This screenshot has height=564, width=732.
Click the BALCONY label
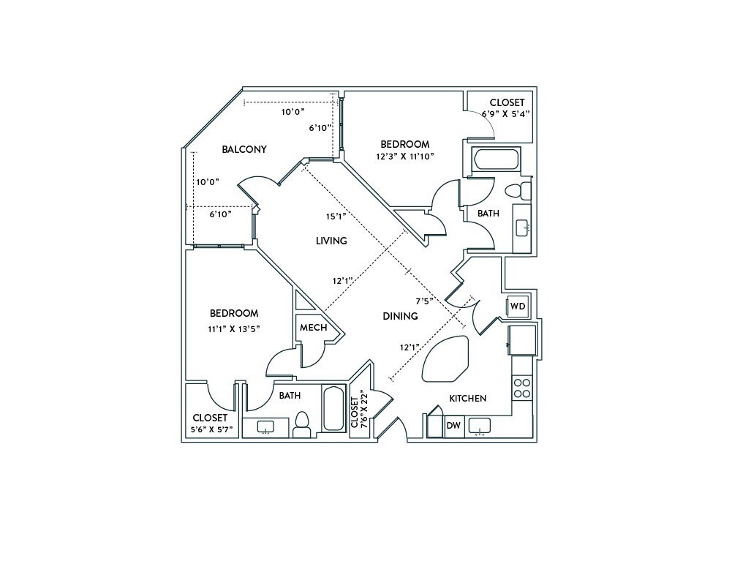(x=244, y=149)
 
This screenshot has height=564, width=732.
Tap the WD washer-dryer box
(x=517, y=306)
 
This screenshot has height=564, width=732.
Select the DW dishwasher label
(x=453, y=425)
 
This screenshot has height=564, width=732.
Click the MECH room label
(x=313, y=328)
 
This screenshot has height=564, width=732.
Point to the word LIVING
(x=331, y=241)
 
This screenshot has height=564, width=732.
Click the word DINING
(x=400, y=316)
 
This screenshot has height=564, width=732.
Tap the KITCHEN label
(x=467, y=399)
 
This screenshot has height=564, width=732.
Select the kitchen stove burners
(x=522, y=387)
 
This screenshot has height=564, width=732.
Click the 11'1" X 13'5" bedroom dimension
(x=233, y=328)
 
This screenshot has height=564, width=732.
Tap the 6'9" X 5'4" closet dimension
(x=505, y=114)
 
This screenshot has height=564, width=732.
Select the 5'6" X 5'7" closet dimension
(x=210, y=429)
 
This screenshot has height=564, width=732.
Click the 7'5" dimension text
(x=425, y=301)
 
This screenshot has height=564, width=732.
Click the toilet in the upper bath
(x=518, y=191)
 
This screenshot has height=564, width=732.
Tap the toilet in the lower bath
(x=301, y=424)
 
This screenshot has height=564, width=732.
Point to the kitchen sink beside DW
(x=480, y=425)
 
